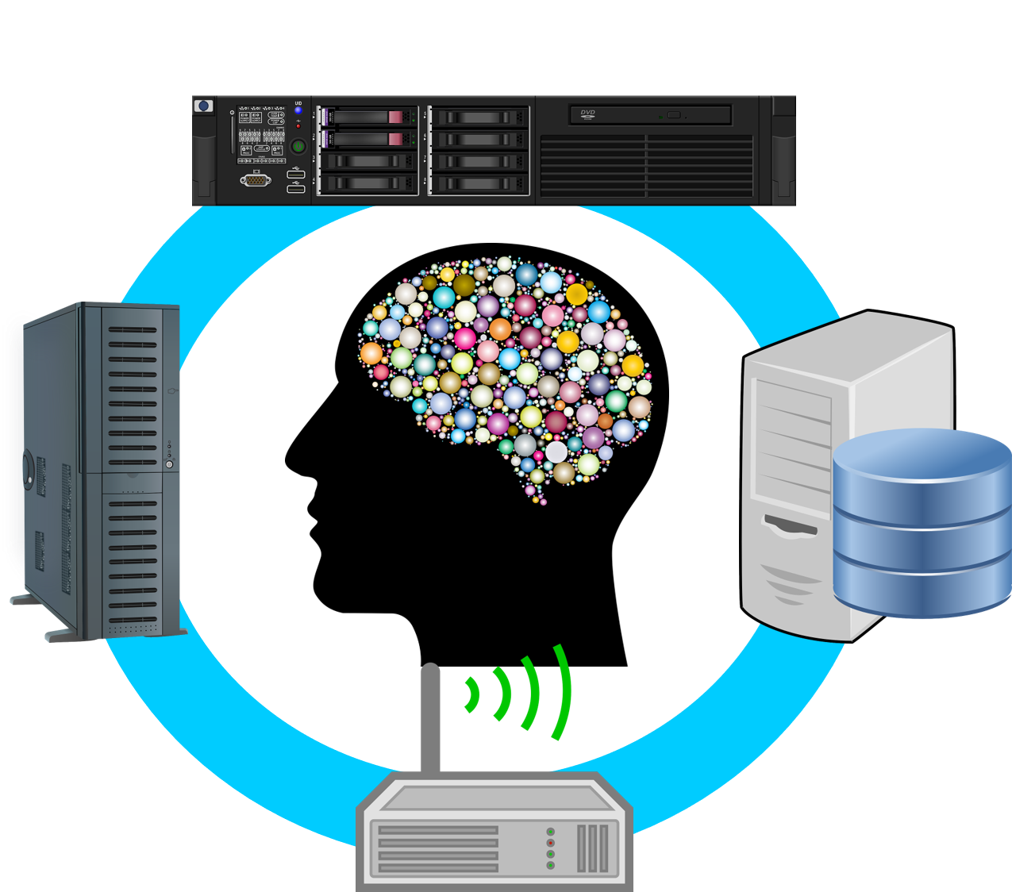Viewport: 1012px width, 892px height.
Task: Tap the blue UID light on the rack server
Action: [298, 111]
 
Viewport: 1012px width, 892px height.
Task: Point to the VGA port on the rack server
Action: [256, 181]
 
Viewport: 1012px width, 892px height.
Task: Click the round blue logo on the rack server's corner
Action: [204, 106]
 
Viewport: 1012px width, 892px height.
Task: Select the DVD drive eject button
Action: [673, 116]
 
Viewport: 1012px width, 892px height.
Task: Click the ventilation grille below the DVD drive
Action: [646, 166]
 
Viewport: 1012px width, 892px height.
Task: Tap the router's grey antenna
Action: [429, 718]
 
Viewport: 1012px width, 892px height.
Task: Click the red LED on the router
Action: [550, 843]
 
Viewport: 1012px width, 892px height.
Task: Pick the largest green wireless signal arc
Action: [563, 692]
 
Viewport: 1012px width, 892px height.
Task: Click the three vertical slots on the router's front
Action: [593, 848]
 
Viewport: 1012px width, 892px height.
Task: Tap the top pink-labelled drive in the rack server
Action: [370, 117]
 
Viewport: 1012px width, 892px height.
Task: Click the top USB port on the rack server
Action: [296, 174]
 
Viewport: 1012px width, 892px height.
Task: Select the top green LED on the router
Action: [550, 831]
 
